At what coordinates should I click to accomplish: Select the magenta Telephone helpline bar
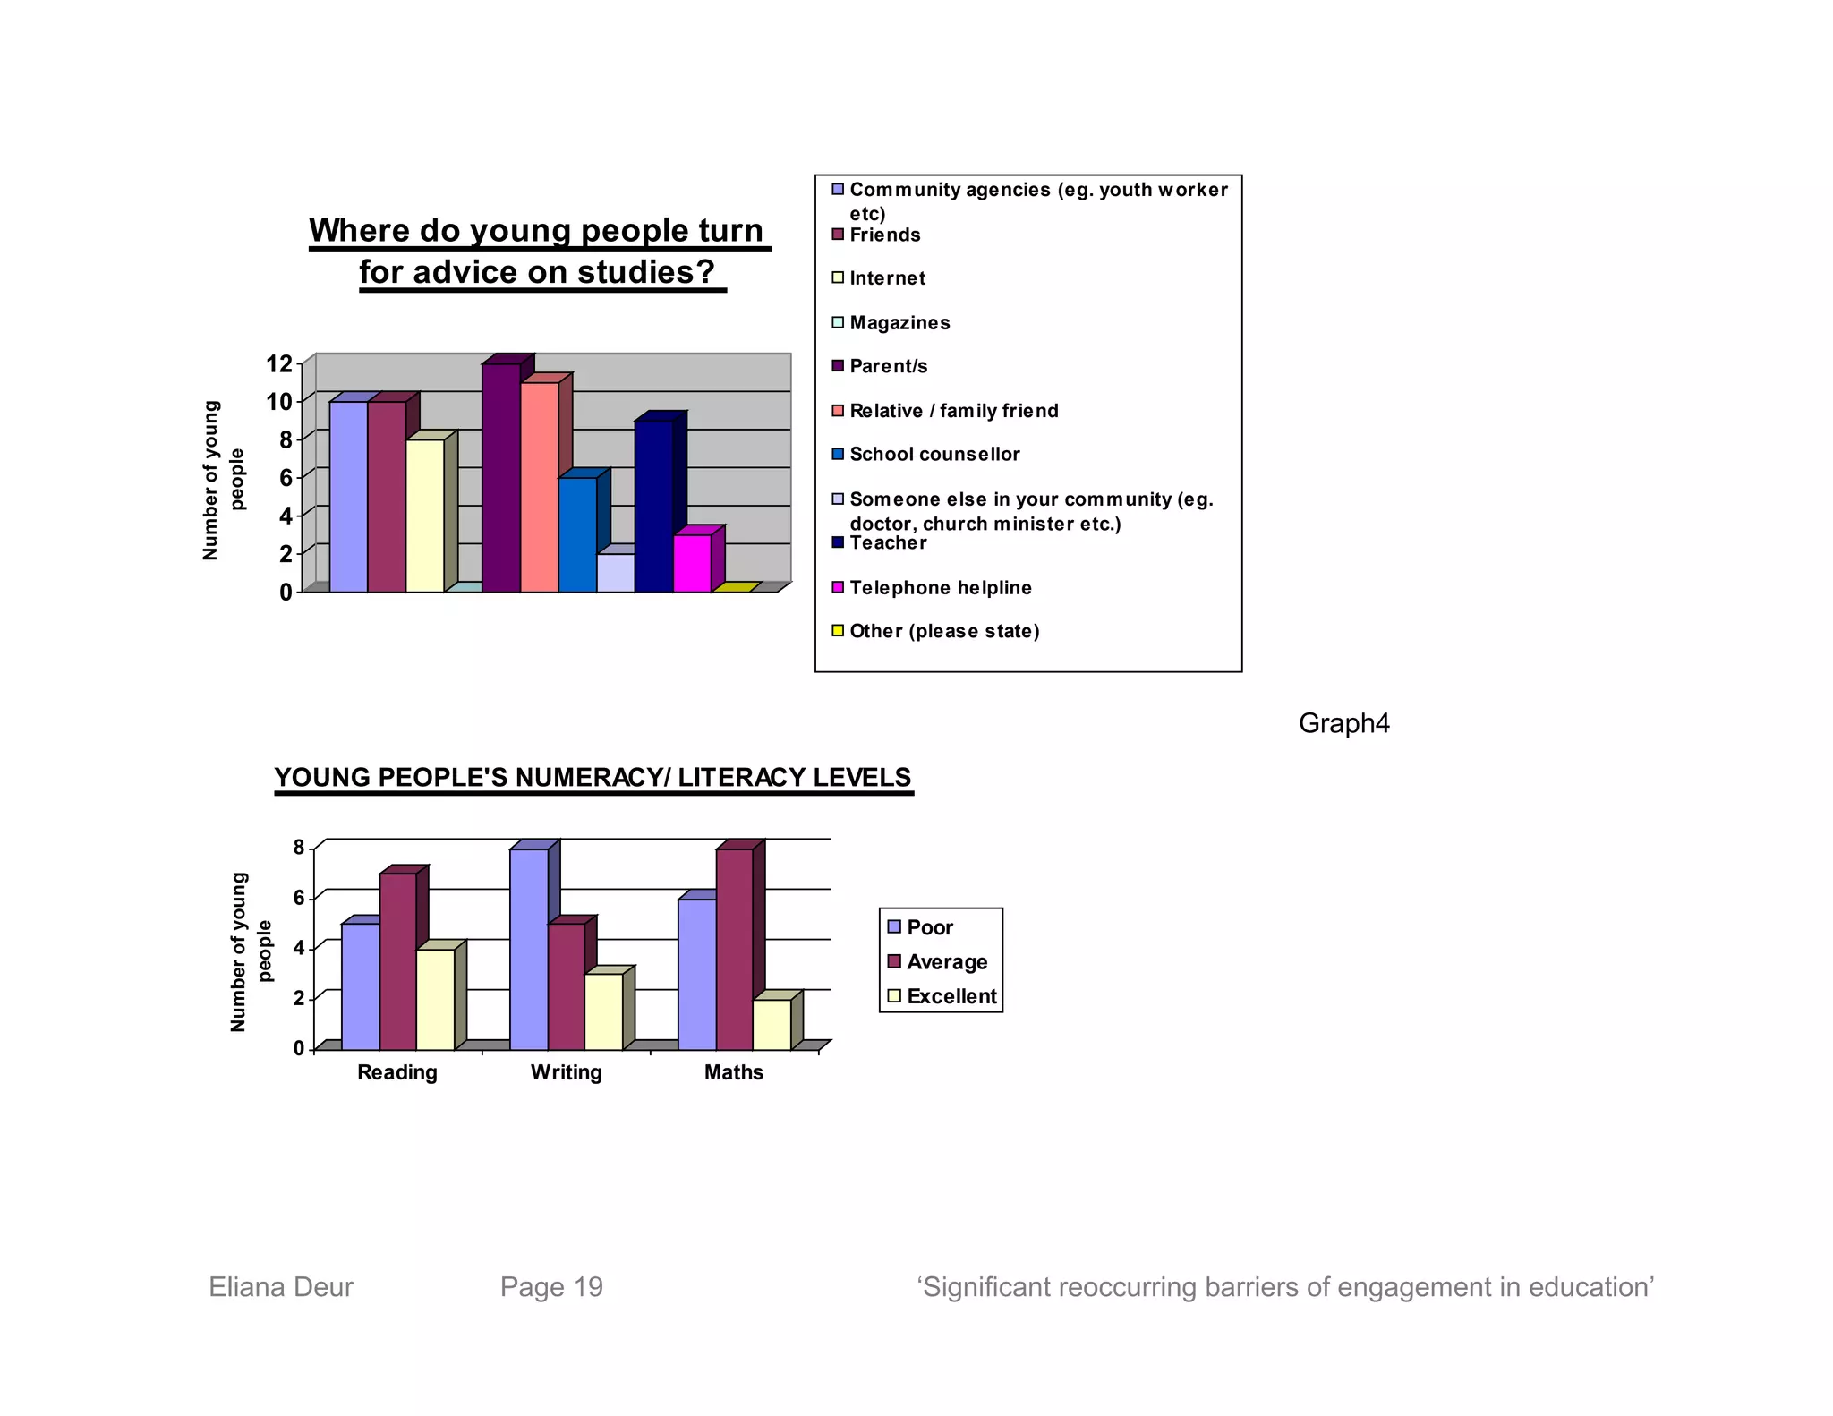coord(692,563)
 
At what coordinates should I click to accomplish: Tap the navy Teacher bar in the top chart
coord(653,506)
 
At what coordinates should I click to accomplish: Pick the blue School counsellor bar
coord(577,534)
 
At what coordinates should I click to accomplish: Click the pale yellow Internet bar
coord(424,516)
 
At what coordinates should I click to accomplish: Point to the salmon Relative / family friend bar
coord(539,487)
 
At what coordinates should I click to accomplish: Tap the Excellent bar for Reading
coord(435,999)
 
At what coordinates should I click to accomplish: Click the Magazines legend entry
coord(899,322)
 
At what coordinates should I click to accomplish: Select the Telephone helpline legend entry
coord(940,587)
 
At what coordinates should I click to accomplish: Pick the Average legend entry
coord(946,961)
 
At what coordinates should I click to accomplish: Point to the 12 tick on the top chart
coord(279,363)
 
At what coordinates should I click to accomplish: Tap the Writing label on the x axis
coord(566,1071)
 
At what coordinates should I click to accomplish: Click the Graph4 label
coord(1343,723)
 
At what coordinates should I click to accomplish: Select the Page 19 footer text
coord(551,1286)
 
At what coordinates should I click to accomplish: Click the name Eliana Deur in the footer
coord(281,1286)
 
